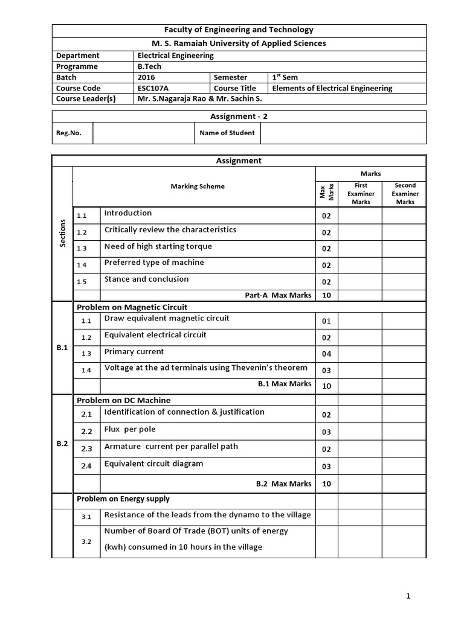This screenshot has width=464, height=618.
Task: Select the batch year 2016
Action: (146, 77)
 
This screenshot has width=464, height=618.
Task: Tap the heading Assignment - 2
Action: (239, 116)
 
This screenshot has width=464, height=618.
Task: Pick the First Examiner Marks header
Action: (361, 194)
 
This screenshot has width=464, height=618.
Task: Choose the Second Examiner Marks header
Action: (404, 194)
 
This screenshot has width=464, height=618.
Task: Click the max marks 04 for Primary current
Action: (326, 354)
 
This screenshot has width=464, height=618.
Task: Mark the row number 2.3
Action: (86, 449)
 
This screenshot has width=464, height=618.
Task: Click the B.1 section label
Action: (62, 348)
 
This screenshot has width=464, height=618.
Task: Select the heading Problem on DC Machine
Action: (123, 400)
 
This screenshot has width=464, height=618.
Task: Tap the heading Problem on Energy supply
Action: (123, 499)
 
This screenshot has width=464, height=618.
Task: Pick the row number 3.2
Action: (86, 541)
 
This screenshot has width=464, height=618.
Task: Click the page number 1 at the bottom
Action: (408, 596)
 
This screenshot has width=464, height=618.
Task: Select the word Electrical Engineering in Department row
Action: (175, 56)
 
